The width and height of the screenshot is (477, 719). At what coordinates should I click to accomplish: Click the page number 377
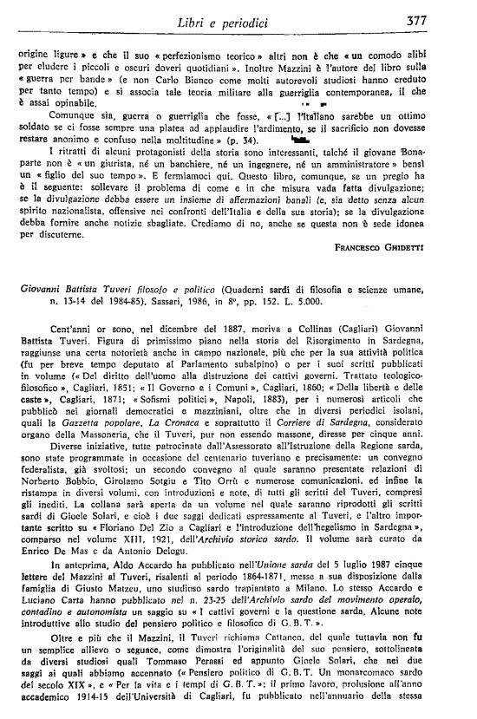449,21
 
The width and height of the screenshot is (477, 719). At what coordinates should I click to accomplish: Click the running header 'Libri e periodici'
243,21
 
